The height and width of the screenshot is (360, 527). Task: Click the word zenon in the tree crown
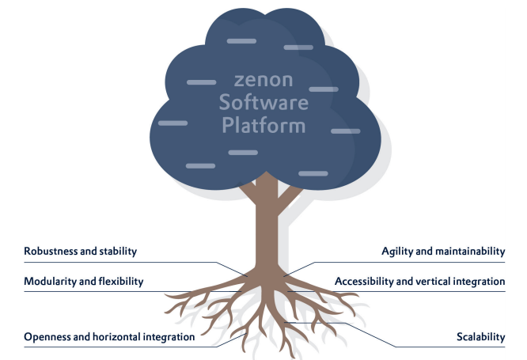(263, 81)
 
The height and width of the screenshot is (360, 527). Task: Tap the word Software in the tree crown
(263, 102)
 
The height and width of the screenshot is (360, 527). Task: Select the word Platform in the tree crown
(263, 125)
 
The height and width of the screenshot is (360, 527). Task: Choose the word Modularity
(51, 282)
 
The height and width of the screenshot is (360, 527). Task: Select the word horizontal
(116, 337)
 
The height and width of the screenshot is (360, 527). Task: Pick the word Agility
(397, 251)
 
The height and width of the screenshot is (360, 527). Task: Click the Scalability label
(480, 337)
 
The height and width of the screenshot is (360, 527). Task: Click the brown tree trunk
(267, 229)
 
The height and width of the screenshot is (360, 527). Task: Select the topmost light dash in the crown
(241, 41)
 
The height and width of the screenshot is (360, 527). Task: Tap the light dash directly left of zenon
(201, 82)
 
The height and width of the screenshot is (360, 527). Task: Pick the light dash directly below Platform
(243, 153)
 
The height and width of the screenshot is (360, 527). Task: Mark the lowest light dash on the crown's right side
(313, 173)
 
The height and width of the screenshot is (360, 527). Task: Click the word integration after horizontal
(169, 337)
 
